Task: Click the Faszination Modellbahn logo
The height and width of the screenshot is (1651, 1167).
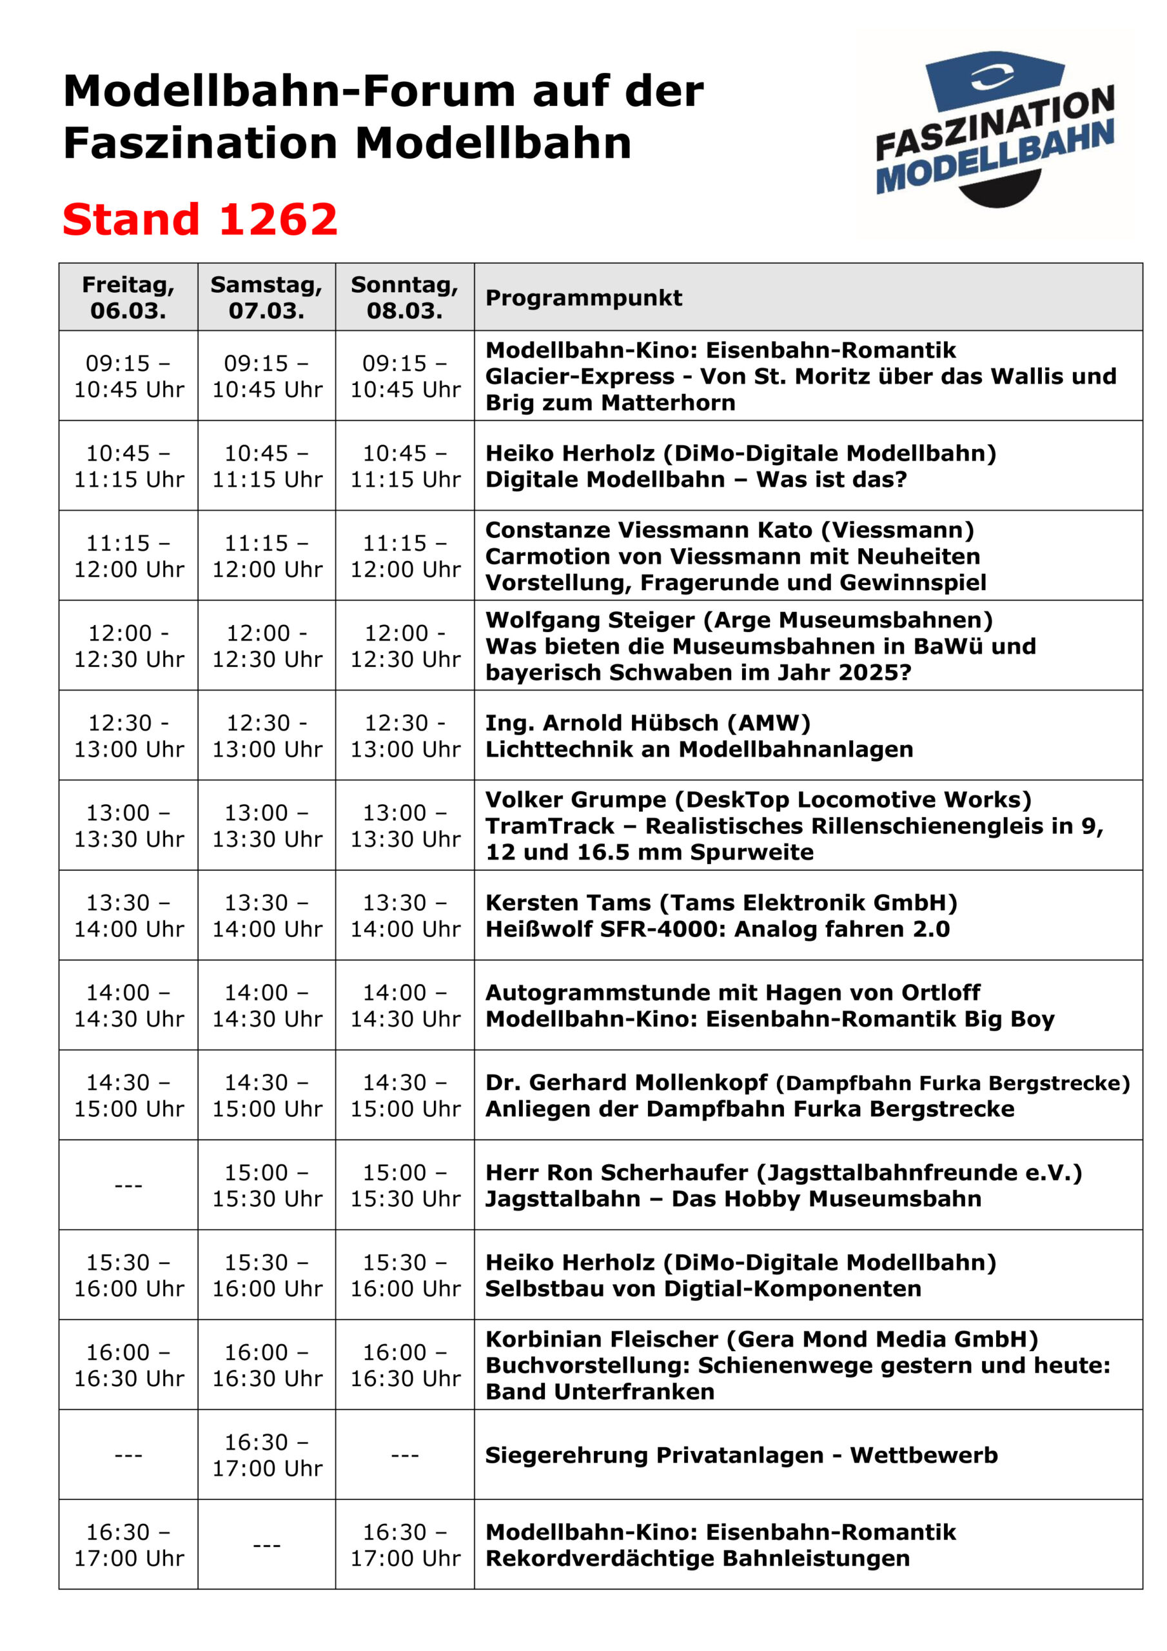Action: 994,130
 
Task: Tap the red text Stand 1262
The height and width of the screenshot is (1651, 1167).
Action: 200,219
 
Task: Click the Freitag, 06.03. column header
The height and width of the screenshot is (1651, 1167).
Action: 128,297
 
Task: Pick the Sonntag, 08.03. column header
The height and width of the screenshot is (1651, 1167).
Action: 404,297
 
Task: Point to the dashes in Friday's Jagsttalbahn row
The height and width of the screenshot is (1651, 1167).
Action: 128,1184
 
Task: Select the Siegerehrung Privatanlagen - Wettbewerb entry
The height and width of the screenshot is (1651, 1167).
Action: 741,1455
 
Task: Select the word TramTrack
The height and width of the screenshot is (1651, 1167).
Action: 550,825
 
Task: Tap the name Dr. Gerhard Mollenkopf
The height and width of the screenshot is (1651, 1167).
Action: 626,1082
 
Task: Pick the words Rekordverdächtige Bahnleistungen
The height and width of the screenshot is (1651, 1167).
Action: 698,1558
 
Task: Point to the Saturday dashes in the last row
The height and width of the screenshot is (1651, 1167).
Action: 267,1544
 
